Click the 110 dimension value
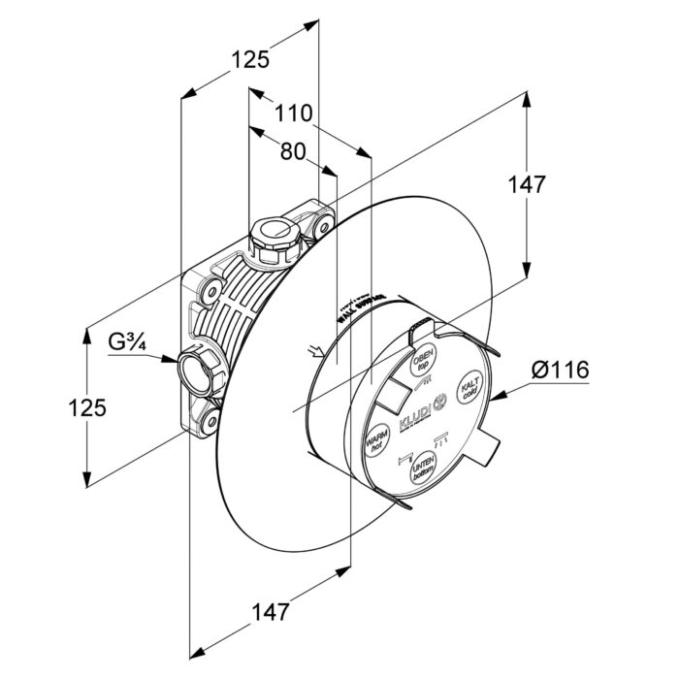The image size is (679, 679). click(x=293, y=113)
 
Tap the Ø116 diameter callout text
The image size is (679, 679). click(x=561, y=370)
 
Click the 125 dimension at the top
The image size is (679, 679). click(x=249, y=60)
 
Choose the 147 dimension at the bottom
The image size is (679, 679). click(x=271, y=612)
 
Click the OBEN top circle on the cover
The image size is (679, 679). click(x=424, y=360)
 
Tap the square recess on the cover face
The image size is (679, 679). click(x=391, y=392)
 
